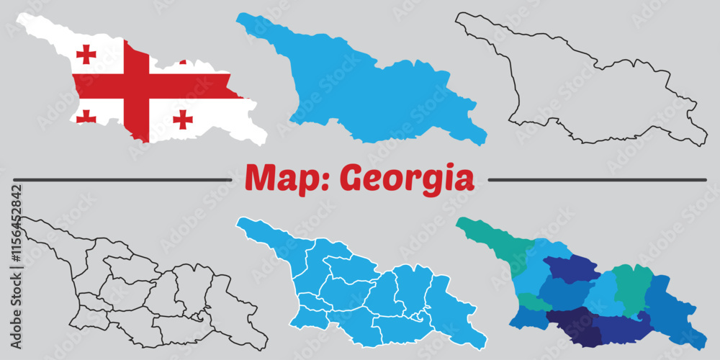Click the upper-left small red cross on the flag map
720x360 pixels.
click(86, 54)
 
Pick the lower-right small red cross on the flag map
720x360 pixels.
click(183, 119)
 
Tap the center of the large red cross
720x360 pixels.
click(136, 86)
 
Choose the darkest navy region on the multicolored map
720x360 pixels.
click(574, 326)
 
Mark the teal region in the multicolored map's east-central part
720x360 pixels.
click(632, 288)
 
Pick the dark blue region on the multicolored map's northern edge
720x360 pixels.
click(572, 268)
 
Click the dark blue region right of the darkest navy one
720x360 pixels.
click(619, 328)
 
